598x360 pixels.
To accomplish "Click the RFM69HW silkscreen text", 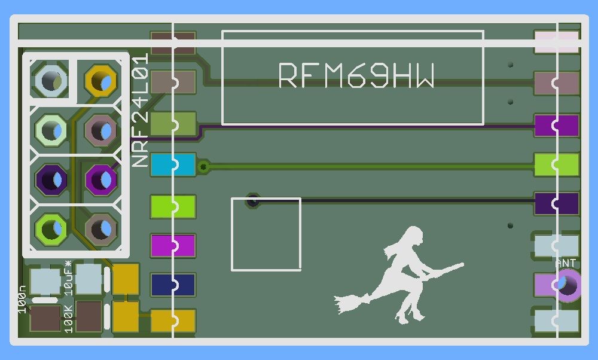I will coord(356,76).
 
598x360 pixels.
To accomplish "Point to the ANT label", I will coord(566,263).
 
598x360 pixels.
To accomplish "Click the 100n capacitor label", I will coord(22,299).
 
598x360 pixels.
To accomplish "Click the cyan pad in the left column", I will coord(173,164).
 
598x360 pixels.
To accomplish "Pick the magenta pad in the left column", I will coord(173,245).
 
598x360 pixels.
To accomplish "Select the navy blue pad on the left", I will coord(173,285).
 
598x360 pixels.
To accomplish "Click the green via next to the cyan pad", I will coord(204,166).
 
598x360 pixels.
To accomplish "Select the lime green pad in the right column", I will coord(556,164).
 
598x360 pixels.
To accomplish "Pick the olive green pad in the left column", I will coord(173,124).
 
